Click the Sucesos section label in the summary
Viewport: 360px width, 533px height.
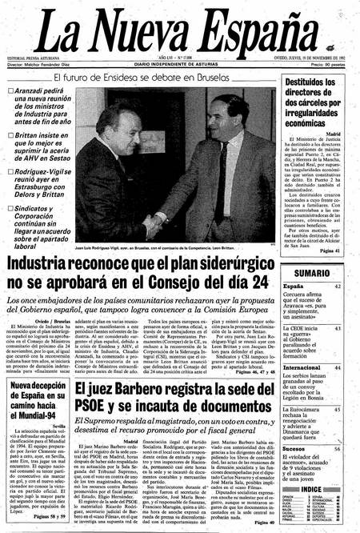coord(296,427)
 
